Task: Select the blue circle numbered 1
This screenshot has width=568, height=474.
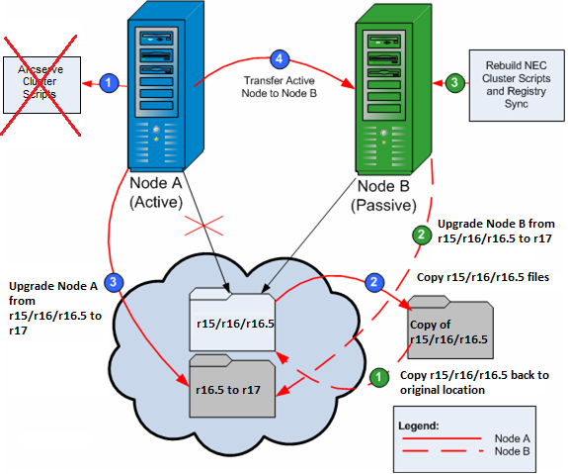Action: pyautogui.click(x=112, y=83)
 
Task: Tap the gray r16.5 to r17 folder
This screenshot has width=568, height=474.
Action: pyautogui.click(x=229, y=386)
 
